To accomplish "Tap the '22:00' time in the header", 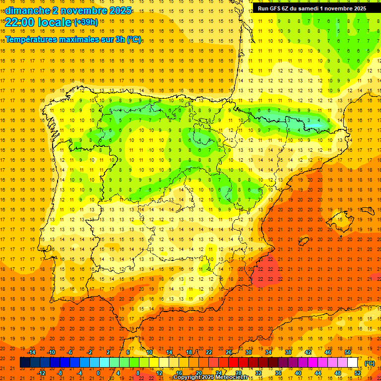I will pyautogui.click(x=20, y=22).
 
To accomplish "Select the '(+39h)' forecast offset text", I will pyautogui.click(x=85, y=22).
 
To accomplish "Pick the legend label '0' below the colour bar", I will pyautogui.click(x=98, y=373).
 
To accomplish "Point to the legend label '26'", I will pyautogui.click(x=229, y=352).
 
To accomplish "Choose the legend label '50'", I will pyautogui.click(x=348, y=352).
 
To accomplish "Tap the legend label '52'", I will pyautogui.click(x=358, y=373).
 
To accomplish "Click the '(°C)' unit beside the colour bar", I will pyautogui.click(x=370, y=363).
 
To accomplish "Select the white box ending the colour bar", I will pyautogui.click(x=353, y=363).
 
